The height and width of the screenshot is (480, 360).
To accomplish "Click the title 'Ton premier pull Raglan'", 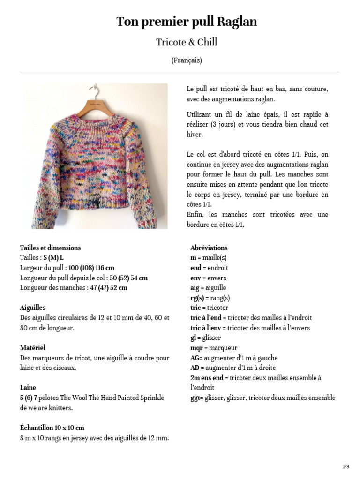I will [x=187, y=22].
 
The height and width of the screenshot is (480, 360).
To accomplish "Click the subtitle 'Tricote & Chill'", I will [x=187, y=43].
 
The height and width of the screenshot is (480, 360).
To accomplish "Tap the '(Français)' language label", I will [x=187, y=60].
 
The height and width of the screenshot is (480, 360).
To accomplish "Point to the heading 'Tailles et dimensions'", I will [x=50, y=248].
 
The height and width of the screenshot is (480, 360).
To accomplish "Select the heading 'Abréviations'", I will [x=209, y=248].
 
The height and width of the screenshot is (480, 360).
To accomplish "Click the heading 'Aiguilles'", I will [x=33, y=307].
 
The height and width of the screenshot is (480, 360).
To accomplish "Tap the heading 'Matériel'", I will [x=32, y=348].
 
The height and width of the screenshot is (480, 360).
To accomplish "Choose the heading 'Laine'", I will [x=28, y=388].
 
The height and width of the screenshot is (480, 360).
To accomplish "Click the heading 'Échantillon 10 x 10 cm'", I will [x=52, y=428].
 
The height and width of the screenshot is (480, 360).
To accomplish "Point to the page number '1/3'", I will [x=346, y=466].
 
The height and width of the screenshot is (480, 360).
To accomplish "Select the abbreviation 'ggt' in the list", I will [x=195, y=398].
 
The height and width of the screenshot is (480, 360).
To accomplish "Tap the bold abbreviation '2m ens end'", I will [x=207, y=378].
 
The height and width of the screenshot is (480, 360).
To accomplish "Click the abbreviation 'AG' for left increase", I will [x=195, y=358].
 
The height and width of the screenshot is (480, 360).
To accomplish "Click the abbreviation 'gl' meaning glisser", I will [x=193, y=337].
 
